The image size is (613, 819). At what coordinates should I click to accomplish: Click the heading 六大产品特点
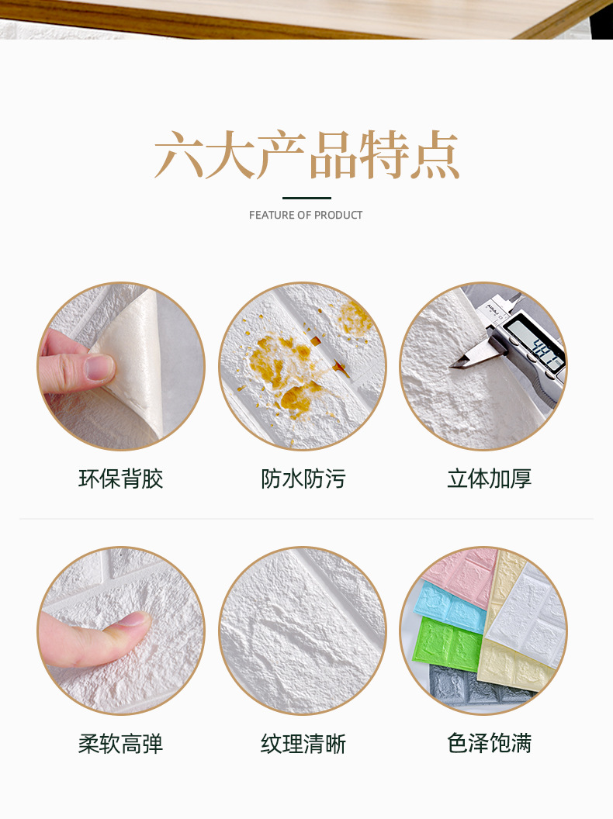point(306,156)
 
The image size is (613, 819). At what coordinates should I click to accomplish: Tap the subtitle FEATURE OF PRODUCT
point(306,215)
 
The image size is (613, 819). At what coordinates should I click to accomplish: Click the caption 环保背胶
point(121,479)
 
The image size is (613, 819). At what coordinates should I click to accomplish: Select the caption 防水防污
point(303,479)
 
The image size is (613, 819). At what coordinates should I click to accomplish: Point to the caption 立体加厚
point(489,479)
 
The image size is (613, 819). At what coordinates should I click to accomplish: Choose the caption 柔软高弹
point(121,744)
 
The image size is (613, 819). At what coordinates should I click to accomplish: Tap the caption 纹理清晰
point(303,744)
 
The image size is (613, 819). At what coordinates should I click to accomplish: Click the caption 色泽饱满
point(489,743)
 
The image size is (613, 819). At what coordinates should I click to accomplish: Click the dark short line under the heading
point(306,198)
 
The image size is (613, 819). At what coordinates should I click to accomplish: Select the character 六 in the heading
point(179,156)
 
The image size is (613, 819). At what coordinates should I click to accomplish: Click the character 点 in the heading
point(435,156)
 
